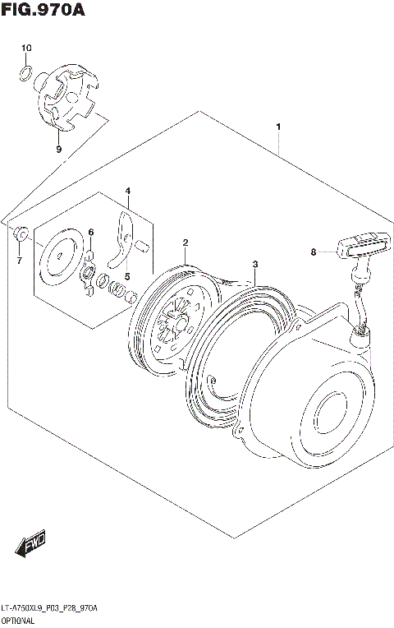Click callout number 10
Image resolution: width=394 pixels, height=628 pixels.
pyautogui.click(x=26, y=49)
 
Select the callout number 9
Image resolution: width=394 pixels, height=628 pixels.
pyautogui.click(x=58, y=149)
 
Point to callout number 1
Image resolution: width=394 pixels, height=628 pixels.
pyautogui.click(x=279, y=127)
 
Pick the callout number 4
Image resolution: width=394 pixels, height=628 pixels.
pyautogui.click(x=127, y=191)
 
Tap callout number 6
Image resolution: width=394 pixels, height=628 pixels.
pyautogui.click(x=91, y=232)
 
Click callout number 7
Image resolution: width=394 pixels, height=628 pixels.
pyautogui.click(x=19, y=261)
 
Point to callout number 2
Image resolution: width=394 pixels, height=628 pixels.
pyautogui.click(x=186, y=242)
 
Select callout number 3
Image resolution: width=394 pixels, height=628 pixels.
pyautogui.click(x=255, y=264)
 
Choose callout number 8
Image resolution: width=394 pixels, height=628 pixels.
pyautogui.click(x=313, y=252)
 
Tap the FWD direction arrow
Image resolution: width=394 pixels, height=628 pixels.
pyautogui.click(x=32, y=545)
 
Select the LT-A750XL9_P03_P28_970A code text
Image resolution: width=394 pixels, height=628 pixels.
pyautogui.click(x=51, y=607)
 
